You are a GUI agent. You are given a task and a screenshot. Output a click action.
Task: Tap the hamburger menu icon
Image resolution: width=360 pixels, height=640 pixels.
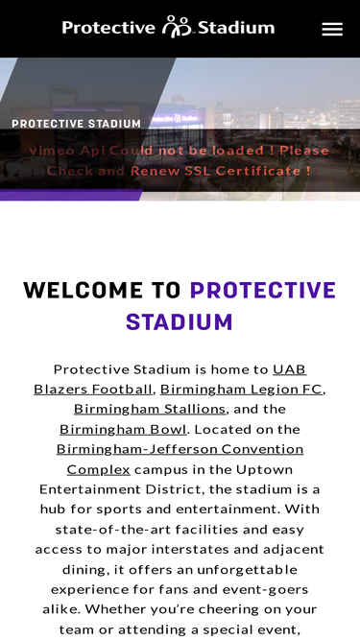(x=332, y=29)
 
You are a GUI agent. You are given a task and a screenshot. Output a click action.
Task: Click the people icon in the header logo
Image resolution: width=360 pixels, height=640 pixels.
(x=177, y=27)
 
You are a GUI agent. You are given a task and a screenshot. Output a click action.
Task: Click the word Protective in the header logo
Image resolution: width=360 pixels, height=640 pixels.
(x=108, y=28)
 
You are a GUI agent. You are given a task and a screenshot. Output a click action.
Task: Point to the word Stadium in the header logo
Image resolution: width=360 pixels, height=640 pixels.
(x=235, y=28)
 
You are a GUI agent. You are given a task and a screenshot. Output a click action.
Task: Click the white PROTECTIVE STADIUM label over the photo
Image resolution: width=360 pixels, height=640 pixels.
(x=76, y=124)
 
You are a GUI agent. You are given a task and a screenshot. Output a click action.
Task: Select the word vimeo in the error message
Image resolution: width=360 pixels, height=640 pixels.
(x=50, y=151)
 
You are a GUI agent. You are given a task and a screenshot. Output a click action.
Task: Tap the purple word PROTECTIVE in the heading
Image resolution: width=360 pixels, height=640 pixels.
(x=263, y=291)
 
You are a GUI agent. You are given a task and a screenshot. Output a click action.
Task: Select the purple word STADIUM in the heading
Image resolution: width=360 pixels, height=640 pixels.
(x=180, y=321)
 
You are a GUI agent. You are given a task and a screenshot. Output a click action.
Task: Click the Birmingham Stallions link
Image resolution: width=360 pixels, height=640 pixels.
(x=150, y=409)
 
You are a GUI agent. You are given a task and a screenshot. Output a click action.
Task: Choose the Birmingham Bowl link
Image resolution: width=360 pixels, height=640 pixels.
(x=124, y=429)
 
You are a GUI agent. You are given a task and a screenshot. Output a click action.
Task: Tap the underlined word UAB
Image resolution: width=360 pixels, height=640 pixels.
(x=289, y=368)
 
